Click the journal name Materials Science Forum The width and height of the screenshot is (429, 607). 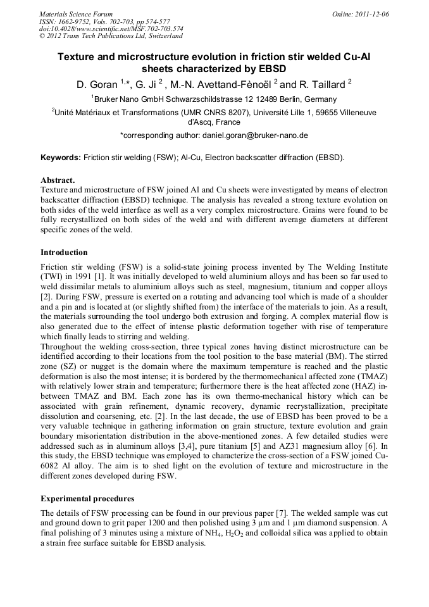[76, 13]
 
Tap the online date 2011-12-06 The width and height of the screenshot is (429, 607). [372, 13]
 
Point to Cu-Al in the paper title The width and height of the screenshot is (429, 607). [356, 56]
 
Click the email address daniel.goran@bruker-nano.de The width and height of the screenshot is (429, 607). [255, 135]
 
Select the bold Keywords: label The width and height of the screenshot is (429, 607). [61, 158]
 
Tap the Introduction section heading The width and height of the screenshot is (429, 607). [64, 253]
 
